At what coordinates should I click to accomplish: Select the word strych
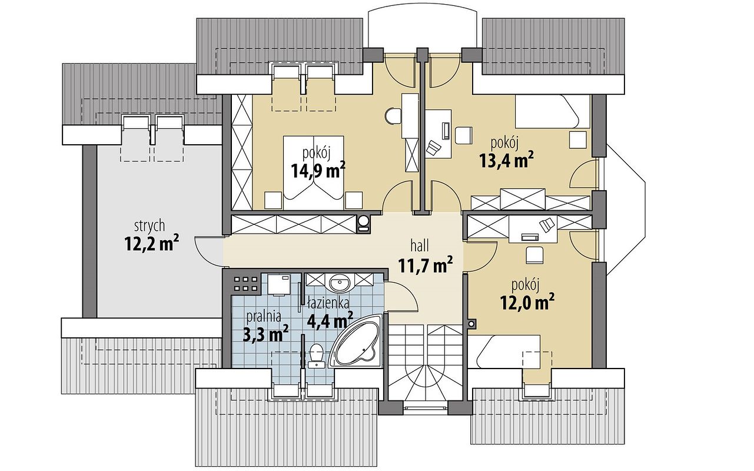tap(150, 226)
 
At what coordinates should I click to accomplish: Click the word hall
tap(420, 246)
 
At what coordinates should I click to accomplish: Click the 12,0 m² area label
tap(527, 301)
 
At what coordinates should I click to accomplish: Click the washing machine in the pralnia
tap(279, 285)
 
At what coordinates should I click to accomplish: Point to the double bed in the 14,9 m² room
tap(313, 173)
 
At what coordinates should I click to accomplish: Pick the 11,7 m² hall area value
tap(425, 265)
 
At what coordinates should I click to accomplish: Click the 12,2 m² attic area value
tap(151, 243)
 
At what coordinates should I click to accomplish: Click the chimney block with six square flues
tap(245, 283)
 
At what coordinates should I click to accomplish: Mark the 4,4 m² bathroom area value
tap(330, 320)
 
